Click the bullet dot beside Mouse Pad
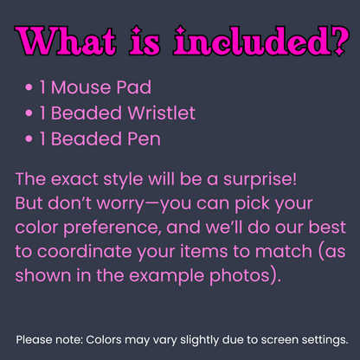pos(30,88)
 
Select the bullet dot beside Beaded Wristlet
pos(30,112)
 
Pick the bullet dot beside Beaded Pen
pos(30,138)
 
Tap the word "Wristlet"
pos(162,112)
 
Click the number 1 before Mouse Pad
pos(43,88)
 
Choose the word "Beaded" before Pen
pos(87,138)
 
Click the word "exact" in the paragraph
pos(80,181)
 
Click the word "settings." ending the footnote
pos(321,339)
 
